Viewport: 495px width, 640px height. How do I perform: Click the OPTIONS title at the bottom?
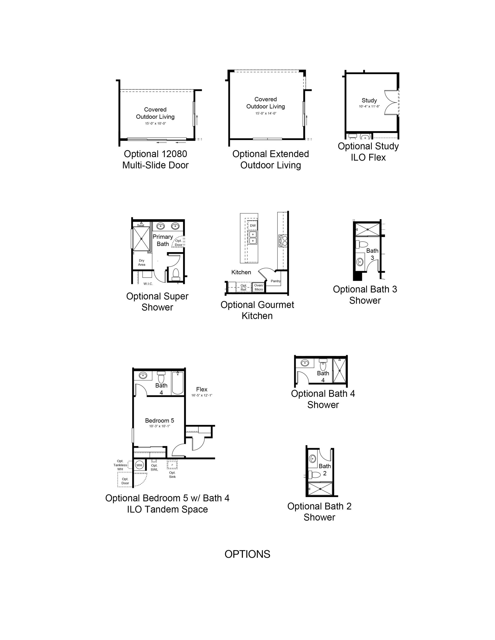click(247, 554)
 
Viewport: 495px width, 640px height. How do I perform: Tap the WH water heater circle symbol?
click(139, 465)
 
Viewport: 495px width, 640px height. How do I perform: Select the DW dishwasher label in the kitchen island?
click(253, 226)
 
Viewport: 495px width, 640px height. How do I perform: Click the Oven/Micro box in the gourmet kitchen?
click(259, 287)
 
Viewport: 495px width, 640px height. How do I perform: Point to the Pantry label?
click(276, 281)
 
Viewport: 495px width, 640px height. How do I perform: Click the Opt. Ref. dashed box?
click(244, 287)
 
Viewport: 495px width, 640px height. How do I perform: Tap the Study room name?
click(369, 100)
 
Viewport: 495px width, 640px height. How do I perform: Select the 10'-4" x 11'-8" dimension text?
click(369, 106)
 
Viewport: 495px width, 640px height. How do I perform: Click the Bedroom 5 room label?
click(160, 421)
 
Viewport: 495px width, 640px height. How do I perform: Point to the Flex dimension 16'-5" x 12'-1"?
click(202, 395)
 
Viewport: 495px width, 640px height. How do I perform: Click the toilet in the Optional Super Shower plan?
click(176, 273)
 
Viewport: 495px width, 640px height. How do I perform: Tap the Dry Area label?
click(142, 262)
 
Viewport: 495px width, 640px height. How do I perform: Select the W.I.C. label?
click(148, 284)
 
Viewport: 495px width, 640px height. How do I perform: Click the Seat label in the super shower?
click(141, 225)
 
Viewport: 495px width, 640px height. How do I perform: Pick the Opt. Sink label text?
click(172, 474)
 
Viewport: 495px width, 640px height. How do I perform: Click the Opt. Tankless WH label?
click(120, 465)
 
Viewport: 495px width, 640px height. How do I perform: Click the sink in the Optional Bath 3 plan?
click(360, 262)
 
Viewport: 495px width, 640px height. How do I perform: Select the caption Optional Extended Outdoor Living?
click(270, 159)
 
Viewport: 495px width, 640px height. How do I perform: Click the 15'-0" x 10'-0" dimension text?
click(155, 123)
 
